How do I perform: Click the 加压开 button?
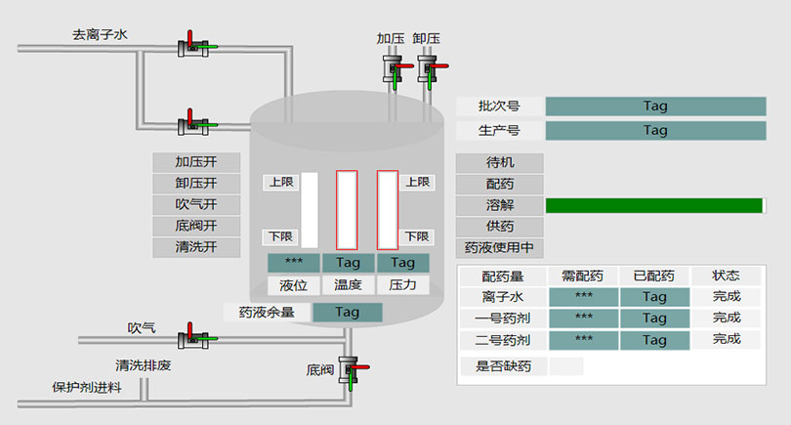click(x=196, y=162)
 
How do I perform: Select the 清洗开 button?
click(x=196, y=247)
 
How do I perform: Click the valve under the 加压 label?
click(x=393, y=69)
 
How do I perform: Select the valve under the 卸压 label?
click(x=427, y=69)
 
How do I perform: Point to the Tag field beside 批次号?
click(x=655, y=106)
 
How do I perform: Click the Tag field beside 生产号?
click(x=655, y=130)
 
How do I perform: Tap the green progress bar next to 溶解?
click(x=653, y=205)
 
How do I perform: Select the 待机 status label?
click(x=499, y=162)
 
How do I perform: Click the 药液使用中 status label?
click(x=499, y=247)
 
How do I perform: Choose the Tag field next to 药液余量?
click(x=347, y=313)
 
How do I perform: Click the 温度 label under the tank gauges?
click(x=348, y=285)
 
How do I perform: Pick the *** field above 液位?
click(x=293, y=263)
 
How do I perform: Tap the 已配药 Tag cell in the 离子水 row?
click(x=654, y=296)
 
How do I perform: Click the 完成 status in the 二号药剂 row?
click(x=726, y=340)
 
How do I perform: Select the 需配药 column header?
click(x=583, y=276)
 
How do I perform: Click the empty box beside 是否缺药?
click(x=566, y=366)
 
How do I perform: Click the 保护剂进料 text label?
click(x=87, y=388)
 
